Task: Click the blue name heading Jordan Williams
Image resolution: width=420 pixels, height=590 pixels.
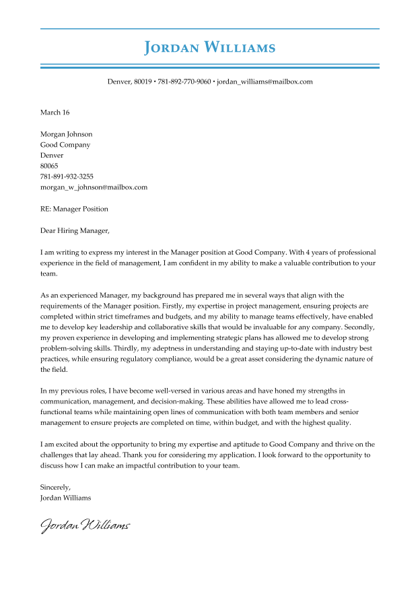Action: point(210,48)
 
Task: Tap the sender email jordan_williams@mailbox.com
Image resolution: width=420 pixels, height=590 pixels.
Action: point(265,81)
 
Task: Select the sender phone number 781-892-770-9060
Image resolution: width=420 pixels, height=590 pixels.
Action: point(184,81)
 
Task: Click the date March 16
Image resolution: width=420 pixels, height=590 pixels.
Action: point(55,112)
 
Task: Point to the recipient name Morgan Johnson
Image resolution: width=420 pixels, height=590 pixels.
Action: point(66,134)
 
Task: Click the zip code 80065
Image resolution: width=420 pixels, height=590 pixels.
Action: point(49,166)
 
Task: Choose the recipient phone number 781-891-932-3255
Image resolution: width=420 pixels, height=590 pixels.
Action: point(67,176)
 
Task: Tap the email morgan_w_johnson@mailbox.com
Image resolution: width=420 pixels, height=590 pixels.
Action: point(94,187)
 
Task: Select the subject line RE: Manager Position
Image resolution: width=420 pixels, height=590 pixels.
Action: point(74,209)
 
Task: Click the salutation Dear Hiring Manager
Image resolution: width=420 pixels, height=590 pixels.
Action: point(74,230)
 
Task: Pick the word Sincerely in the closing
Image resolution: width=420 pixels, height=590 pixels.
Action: point(55,487)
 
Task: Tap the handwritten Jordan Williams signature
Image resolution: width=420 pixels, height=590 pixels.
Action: point(85,525)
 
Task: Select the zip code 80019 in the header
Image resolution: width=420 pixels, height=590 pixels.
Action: point(142,81)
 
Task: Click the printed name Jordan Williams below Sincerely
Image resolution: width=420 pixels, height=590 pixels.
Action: point(65,498)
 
